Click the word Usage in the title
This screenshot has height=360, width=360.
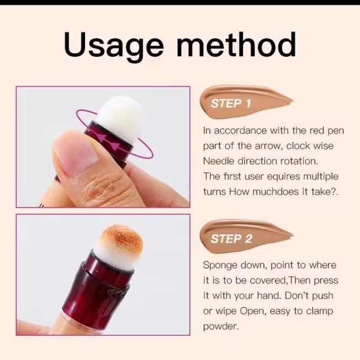point(114,46)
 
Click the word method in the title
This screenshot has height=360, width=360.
point(237,44)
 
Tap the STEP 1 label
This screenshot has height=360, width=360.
point(231,103)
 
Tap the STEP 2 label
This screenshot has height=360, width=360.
point(231,239)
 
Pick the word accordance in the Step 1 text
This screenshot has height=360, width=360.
point(240,130)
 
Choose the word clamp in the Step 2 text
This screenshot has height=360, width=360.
point(320,312)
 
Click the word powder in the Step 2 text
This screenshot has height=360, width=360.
point(221,327)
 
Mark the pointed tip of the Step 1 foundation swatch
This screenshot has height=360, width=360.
point(293,101)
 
